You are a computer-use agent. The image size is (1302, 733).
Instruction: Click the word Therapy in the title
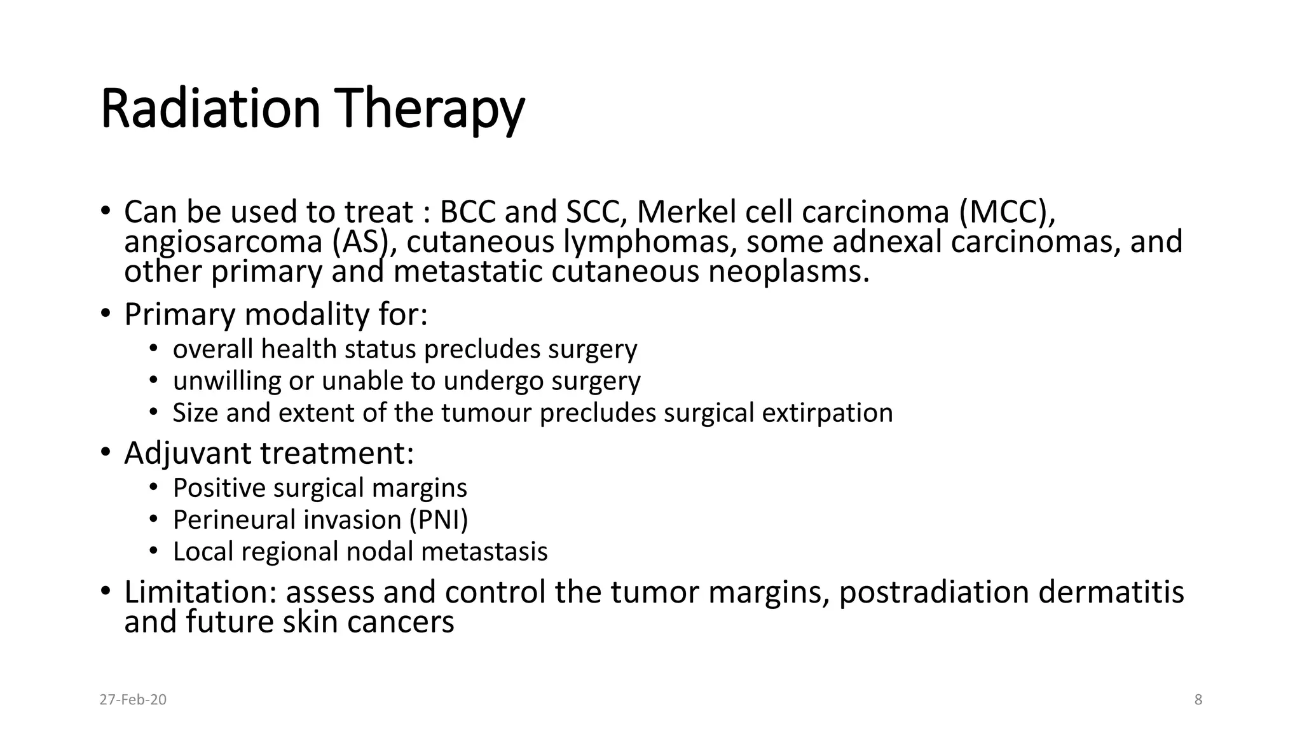[x=432, y=109]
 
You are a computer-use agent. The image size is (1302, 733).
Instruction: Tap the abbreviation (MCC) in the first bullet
[x=1007, y=212]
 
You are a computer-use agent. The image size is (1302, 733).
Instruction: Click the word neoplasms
[x=788, y=272]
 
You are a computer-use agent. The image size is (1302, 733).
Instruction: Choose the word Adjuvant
[x=188, y=454]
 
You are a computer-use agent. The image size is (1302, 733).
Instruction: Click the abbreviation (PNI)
[x=438, y=520]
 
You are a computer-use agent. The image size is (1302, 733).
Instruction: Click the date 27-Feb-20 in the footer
[x=133, y=700]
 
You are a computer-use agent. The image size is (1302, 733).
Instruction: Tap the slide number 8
[x=1198, y=700]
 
